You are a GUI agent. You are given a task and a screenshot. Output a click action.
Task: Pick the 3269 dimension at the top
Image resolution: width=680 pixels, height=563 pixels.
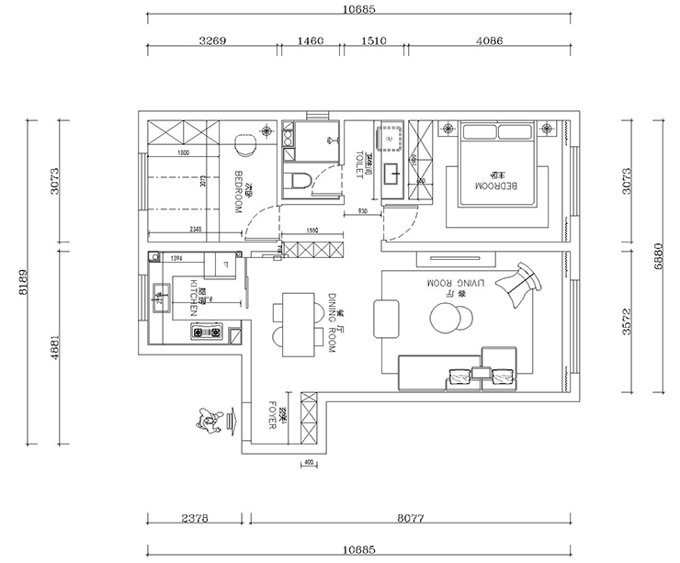[212, 41]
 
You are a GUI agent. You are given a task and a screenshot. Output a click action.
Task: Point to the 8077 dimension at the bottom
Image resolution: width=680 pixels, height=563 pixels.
[408, 519]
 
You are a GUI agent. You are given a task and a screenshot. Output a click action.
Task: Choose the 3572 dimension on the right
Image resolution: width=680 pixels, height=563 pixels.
[627, 323]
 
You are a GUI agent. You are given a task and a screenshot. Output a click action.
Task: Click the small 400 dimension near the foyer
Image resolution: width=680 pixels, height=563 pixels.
[308, 462]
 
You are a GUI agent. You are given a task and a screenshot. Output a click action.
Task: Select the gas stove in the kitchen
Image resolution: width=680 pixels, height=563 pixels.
[209, 330]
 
